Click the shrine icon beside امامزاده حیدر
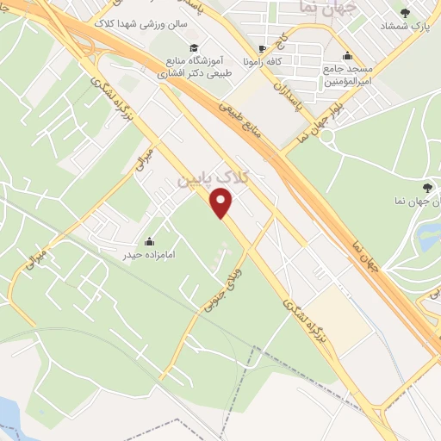click(x=150, y=242)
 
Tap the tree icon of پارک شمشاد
click(x=429, y=12)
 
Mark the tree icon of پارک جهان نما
click(x=428, y=187)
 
